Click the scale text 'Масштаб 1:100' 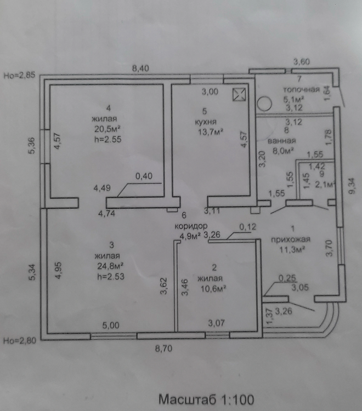coord(206,399)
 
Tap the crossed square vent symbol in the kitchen coord(239,94)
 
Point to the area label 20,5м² coord(108,129)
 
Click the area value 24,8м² coord(110,266)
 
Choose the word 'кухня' coord(206,122)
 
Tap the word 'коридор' coord(191,226)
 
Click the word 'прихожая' coord(290,239)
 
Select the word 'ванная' coord(282,141)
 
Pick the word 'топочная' coord(302,89)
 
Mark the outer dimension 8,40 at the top coord(140,68)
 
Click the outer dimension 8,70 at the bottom coord(163,349)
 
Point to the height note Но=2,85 coord(19,75)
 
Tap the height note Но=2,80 coord(19,341)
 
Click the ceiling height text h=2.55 coord(108,139)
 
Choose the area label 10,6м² coord(213,289)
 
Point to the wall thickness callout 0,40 coord(144,176)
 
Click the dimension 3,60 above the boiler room coord(302,62)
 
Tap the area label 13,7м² coord(211,132)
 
